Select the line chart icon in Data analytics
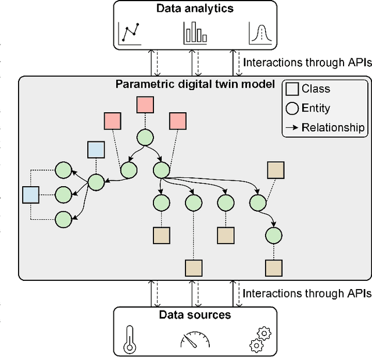pos(129,34)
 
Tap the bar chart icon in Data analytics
pos(195,33)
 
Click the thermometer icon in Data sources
pos(129,340)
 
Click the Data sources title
pos(194,315)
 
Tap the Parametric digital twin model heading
pos(195,84)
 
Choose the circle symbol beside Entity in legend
pos(292,108)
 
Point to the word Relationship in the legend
pos(333,127)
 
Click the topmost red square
pos(145,105)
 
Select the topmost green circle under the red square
pos(145,138)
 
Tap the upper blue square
pos(95,149)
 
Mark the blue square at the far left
pos(30,194)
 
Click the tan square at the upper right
pos(275,170)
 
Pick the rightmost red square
pos(178,121)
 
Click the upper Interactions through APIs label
pos(307,62)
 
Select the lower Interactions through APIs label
pos(307,293)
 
